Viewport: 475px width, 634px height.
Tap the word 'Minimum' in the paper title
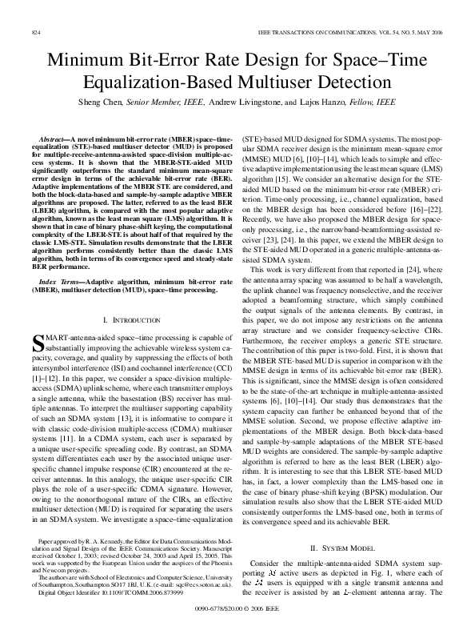pyautogui.click(x=84, y=61)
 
